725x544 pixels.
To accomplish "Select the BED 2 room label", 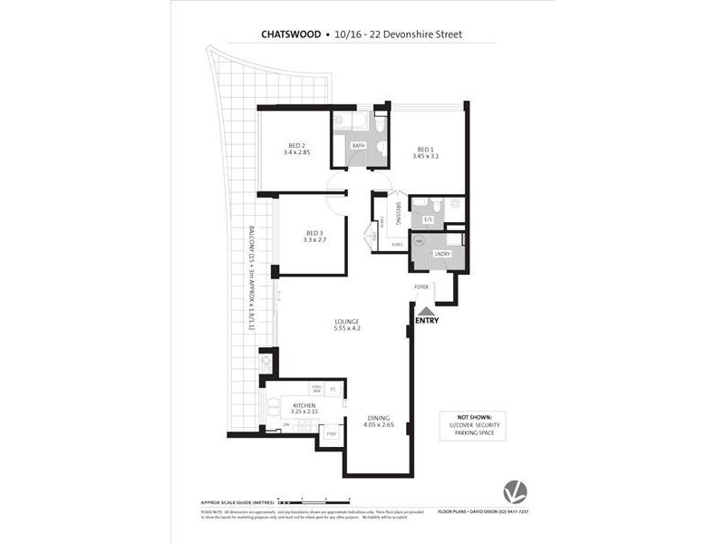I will coord(296,146).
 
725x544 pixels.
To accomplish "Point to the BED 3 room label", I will coord(313,233).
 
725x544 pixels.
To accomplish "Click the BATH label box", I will coord(358,145).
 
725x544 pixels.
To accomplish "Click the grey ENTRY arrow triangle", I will coord(425,310).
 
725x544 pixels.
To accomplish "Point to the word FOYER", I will coord(421,287).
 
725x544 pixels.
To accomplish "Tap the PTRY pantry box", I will coord(331,434).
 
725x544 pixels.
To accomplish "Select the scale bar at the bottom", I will coord(314,500).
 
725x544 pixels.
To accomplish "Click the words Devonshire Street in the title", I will coord(423,34).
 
